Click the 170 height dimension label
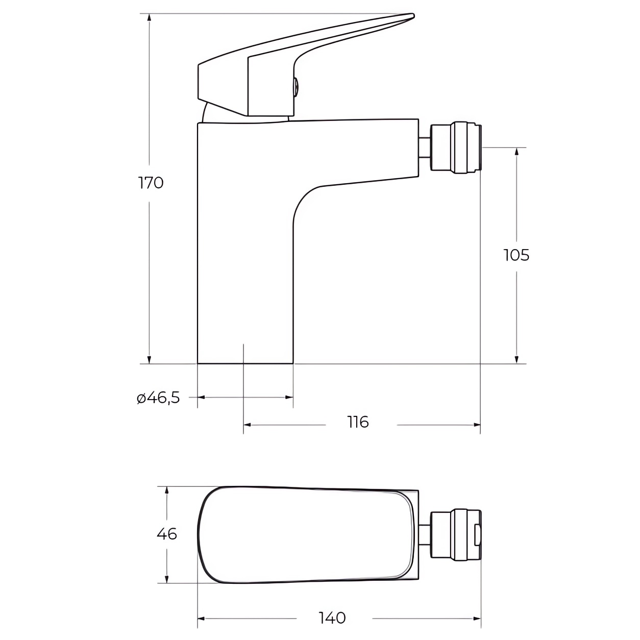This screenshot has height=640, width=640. coord(151,183)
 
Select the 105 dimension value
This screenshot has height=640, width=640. coord(516,255)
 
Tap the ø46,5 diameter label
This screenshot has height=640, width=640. coord(158,397)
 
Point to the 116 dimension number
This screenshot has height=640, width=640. coord(358,422)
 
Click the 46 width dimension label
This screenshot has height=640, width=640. coord(167,534)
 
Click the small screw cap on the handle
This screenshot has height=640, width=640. coord(297,88)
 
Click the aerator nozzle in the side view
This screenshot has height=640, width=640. coord(456,147)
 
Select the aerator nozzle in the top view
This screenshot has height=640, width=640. coord(456,534)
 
